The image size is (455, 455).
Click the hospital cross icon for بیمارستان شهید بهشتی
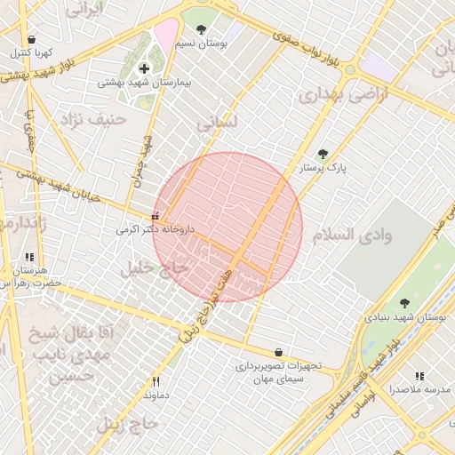(144, 68)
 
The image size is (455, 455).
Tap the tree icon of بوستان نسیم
(201, 29)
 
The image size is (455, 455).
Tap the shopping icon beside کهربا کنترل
(32, 39)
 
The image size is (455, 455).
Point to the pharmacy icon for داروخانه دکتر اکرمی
(156, 216)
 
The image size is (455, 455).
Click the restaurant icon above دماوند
(156, 381)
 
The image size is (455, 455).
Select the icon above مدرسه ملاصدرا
(419, 376)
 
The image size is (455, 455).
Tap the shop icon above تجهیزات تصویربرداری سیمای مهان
(279, 352)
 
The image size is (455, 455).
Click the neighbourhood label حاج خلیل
(155, 267)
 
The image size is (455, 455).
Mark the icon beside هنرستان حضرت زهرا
(29, 257)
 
